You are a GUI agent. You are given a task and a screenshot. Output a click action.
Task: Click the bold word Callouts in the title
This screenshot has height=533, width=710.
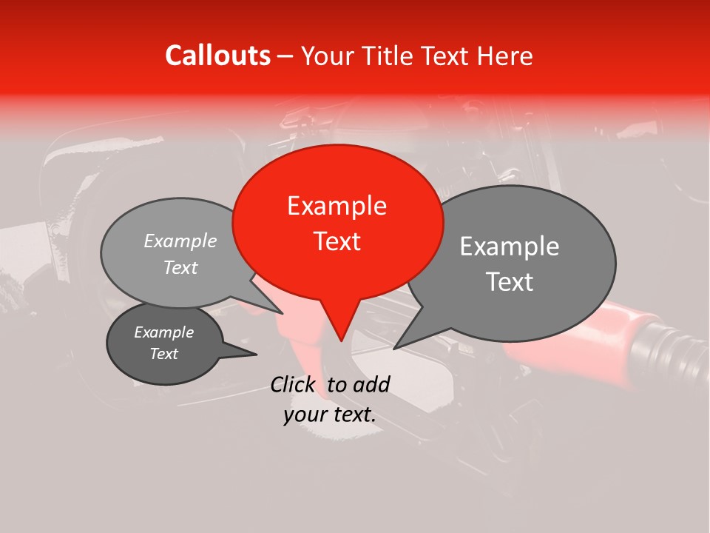click(217, 56)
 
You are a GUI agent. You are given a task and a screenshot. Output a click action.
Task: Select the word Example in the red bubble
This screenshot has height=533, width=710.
click(337, 206)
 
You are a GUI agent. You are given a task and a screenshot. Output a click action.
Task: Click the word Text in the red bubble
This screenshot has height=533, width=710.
click(337, 241)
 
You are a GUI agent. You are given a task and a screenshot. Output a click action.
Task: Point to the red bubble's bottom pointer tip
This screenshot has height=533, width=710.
click(341, 341)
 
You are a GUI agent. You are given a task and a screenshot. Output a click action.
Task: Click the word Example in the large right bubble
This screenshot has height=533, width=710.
click(510, 247)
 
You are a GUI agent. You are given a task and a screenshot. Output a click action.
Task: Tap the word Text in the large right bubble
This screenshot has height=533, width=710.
click(510, 281)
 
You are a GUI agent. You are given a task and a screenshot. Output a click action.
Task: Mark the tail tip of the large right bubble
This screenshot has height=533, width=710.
click(394, 348)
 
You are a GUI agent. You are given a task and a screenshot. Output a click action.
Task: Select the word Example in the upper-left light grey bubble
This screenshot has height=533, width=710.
click(180, 241)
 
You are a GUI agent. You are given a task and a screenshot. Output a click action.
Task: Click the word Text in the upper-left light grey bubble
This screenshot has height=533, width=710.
click(180, 267)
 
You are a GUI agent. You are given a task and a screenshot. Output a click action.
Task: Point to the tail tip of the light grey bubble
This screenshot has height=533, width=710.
click(282, 313)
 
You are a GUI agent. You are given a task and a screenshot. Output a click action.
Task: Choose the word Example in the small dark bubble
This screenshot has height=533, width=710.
click(163, 332)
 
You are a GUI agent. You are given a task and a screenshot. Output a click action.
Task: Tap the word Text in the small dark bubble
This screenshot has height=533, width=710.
click(163, 354)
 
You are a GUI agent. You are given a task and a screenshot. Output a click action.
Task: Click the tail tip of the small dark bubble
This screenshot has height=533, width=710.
click(256, 354)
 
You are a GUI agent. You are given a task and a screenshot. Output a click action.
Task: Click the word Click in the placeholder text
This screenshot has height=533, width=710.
click(294, 384)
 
